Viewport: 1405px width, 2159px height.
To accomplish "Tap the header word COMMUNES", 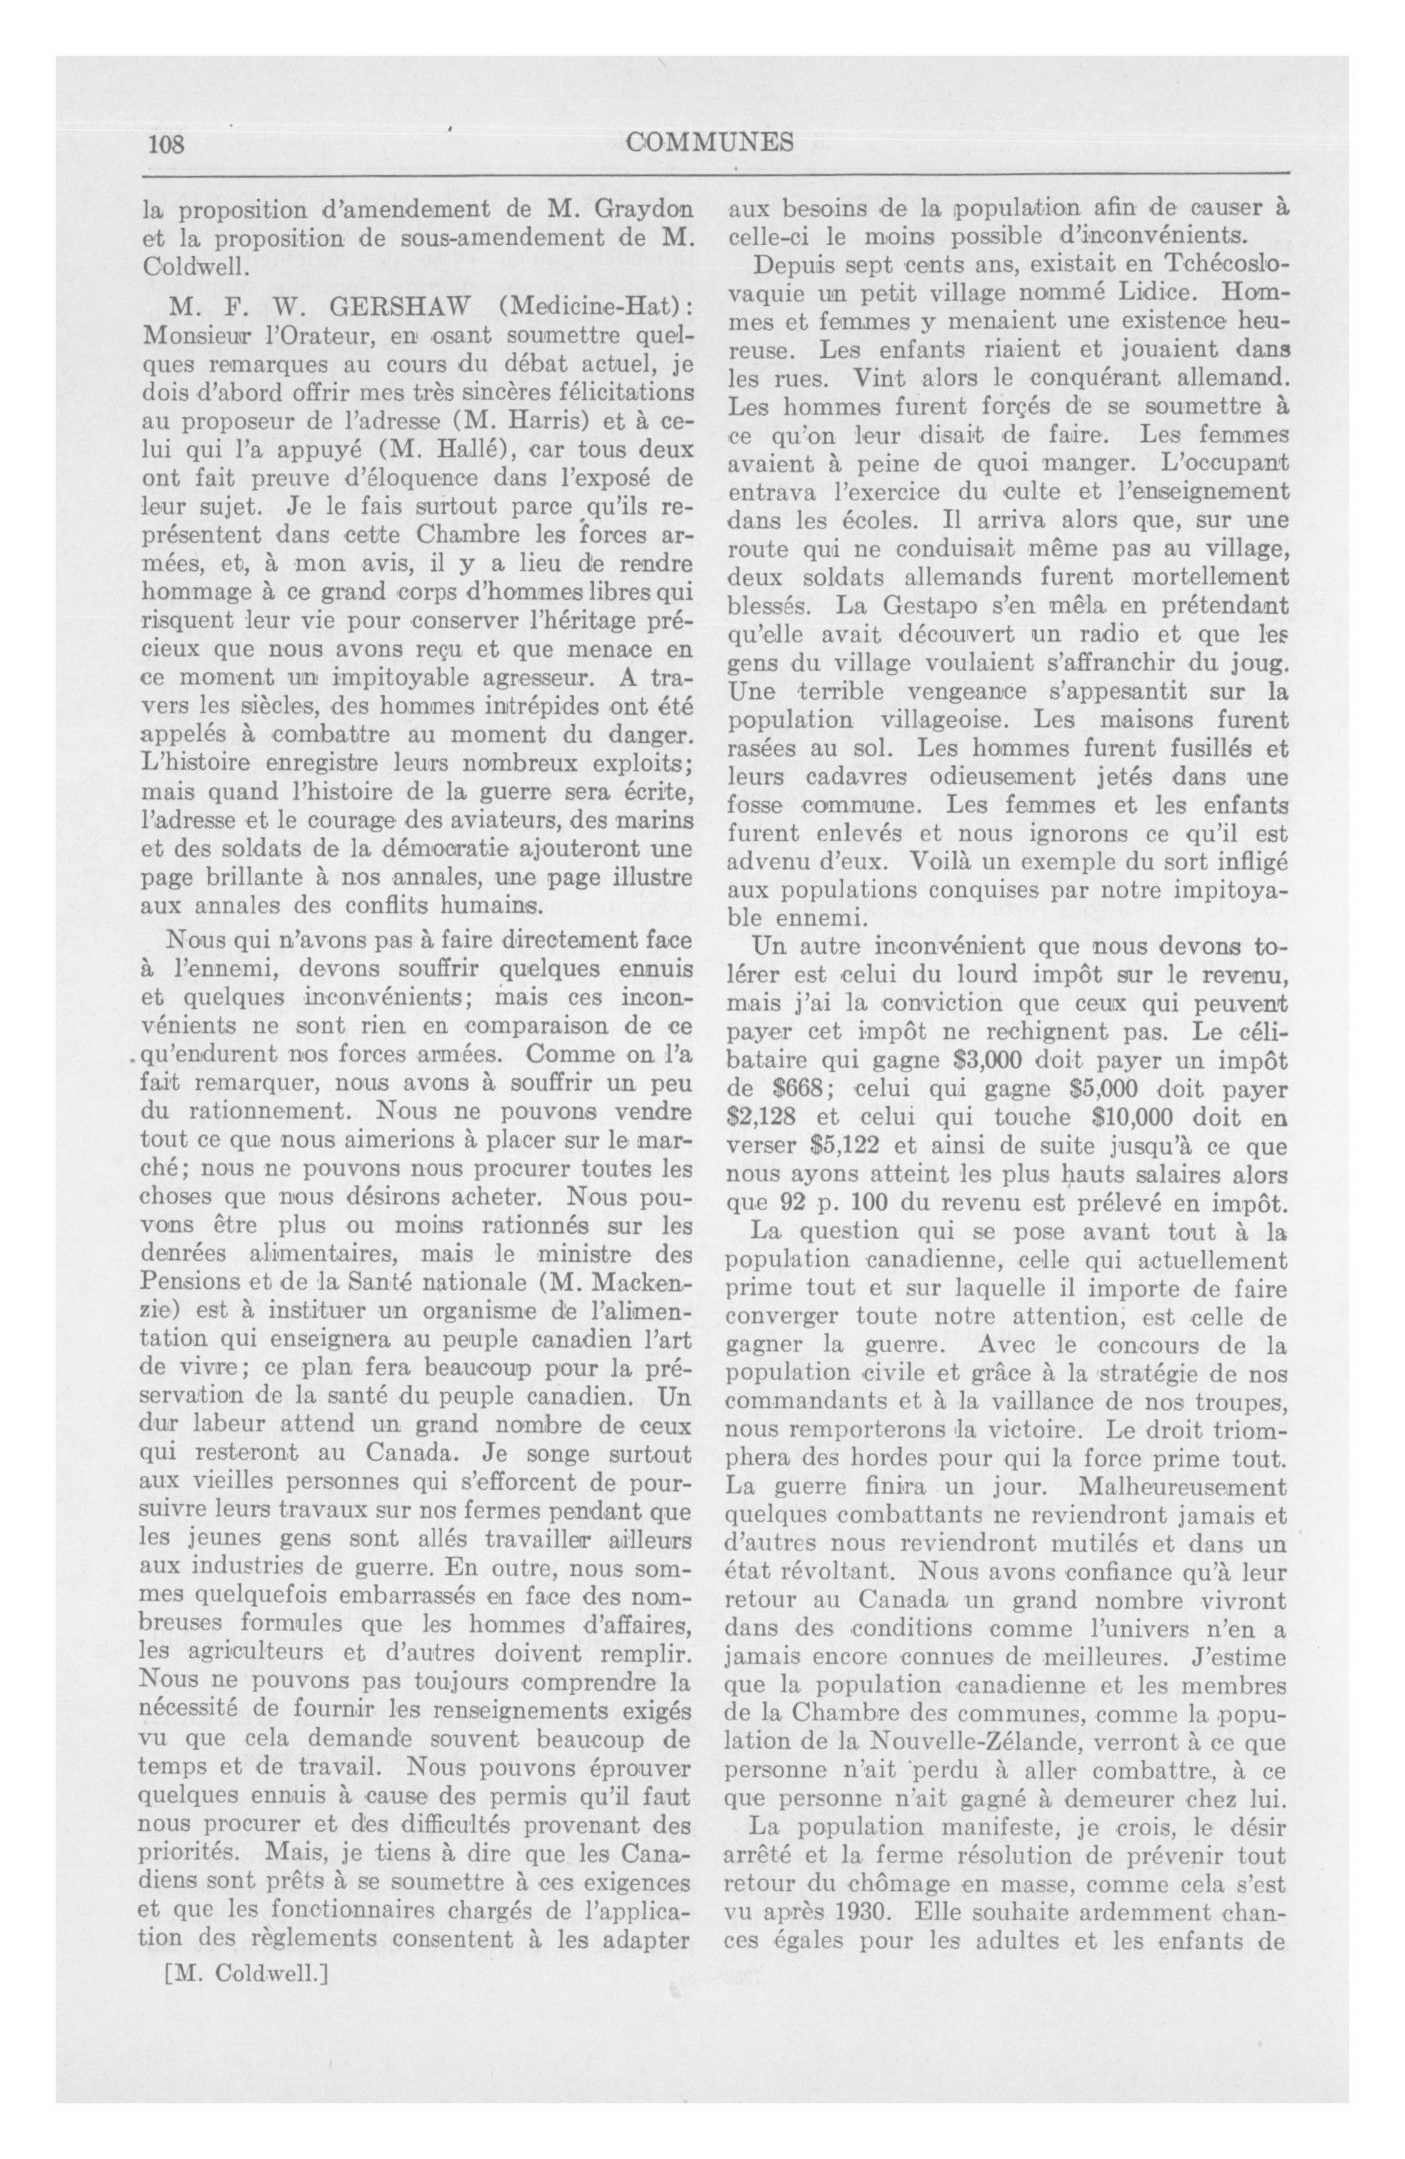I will click(x=710, y=143).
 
